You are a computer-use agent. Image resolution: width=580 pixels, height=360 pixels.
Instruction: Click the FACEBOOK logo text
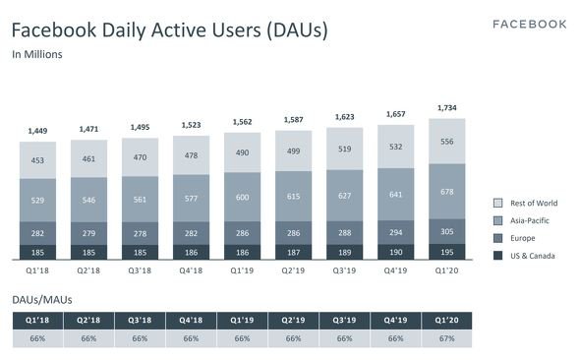(x=529, y=25)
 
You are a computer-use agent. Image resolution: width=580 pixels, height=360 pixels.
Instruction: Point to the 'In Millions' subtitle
(x=37, y=54)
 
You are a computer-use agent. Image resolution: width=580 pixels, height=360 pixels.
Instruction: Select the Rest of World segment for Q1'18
(x=37, y=160)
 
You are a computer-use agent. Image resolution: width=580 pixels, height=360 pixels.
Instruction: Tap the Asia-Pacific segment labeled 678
(x=447, y=192)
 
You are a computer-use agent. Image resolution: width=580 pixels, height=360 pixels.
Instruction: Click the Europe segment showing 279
(x=88, y=233)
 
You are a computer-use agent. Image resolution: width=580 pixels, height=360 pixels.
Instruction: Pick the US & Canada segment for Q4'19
(x=396, y=252)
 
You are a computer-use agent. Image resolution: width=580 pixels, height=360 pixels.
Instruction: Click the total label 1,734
(x=447, y=108)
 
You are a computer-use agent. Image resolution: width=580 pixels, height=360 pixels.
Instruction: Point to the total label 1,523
(x=191, y=125)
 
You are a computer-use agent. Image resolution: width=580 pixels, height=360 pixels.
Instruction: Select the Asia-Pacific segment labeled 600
(x=242, y=197)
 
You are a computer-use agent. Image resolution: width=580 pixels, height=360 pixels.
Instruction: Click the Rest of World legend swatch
(x=497, y=203)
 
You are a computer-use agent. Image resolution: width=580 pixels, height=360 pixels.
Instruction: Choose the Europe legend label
(x=523, y=238)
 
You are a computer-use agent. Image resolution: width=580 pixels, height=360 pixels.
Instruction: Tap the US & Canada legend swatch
(x=497, y=256)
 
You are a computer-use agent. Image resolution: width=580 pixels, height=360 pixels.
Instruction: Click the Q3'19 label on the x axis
(x=344, y=270)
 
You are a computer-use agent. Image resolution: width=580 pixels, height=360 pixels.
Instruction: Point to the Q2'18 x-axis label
(x=88, y=270)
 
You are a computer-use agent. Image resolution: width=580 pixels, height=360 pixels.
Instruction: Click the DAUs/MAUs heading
(x=42, y=300)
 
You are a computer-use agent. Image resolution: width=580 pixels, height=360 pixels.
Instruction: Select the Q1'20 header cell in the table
(x=447, y=321)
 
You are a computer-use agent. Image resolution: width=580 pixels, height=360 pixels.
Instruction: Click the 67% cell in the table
(x=447, y=338)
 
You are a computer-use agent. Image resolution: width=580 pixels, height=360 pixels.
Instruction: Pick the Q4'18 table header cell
(x=191, y=321)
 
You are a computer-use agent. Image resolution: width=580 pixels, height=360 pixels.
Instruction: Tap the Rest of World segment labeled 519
(x=344, y=149)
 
